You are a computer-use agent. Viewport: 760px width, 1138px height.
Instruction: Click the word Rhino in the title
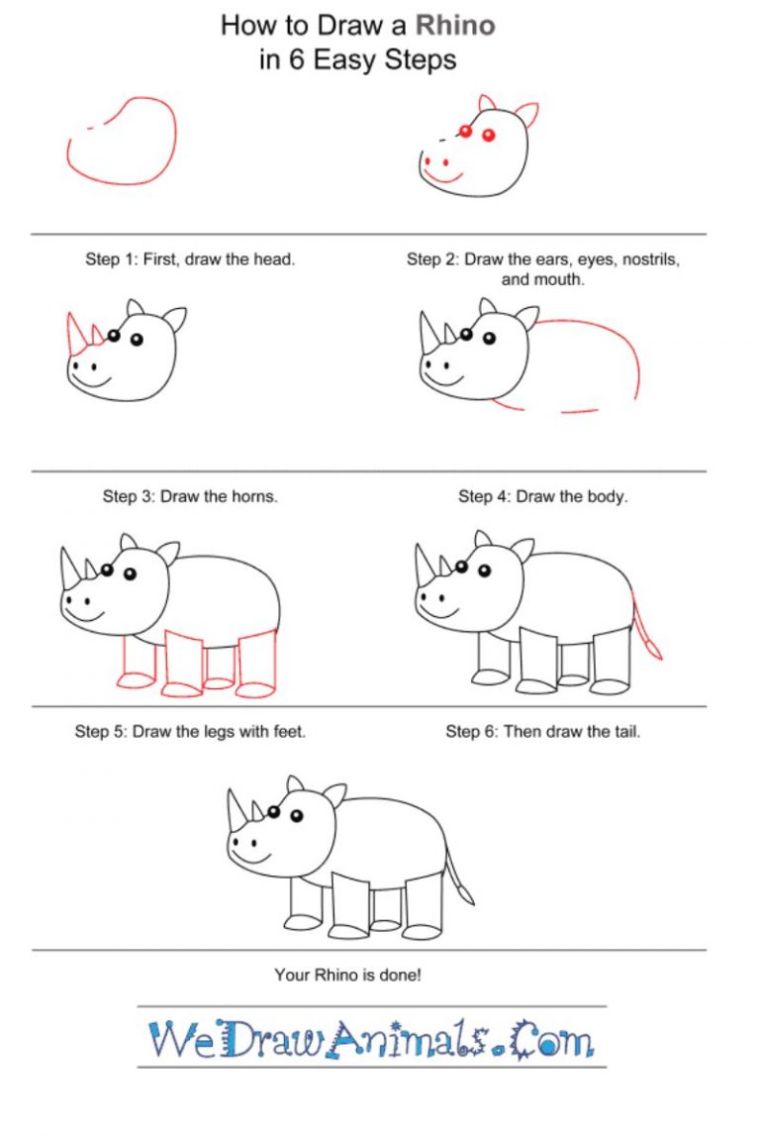(454, 25)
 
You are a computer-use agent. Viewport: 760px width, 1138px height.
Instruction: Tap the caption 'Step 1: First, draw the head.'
(190, 259)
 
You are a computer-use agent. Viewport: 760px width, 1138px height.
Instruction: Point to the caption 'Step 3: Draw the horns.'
(190, 496)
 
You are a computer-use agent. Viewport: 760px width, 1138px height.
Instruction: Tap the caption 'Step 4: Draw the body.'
(542, 496)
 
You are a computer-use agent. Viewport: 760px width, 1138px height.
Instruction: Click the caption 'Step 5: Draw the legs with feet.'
(190, 732)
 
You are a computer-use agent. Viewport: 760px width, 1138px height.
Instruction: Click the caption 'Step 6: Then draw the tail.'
(542, 732)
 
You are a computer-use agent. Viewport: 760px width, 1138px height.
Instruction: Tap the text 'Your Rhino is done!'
(347, 975)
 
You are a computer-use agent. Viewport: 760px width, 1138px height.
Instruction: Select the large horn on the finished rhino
(237, 811)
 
